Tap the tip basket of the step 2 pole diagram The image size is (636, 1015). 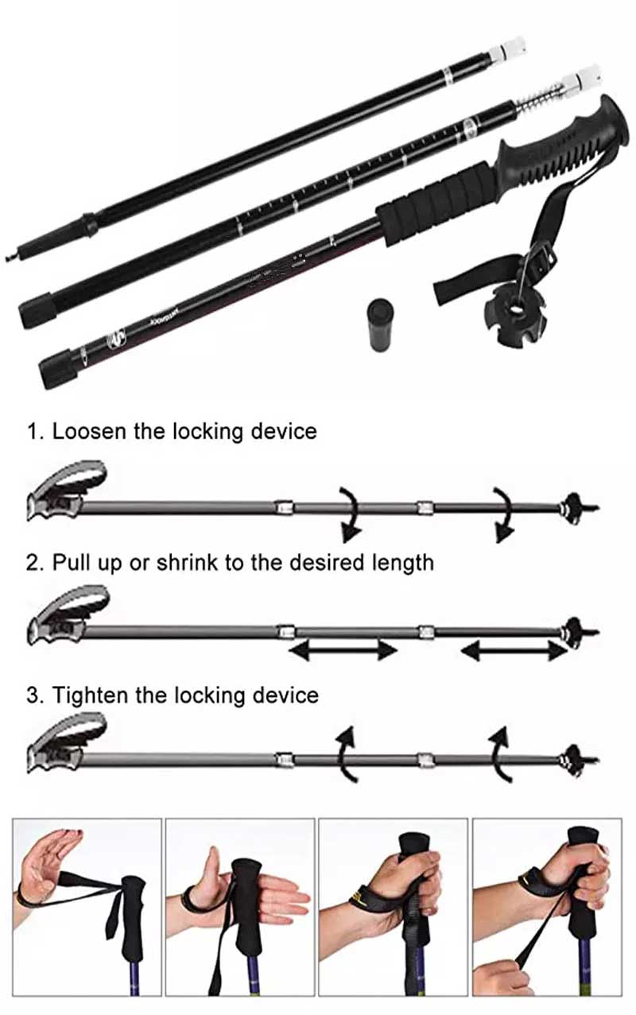click(x=572, y=633)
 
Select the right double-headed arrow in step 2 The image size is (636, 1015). click(x=513, y=651)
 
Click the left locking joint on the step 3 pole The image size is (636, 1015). click(x=285, y=758)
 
